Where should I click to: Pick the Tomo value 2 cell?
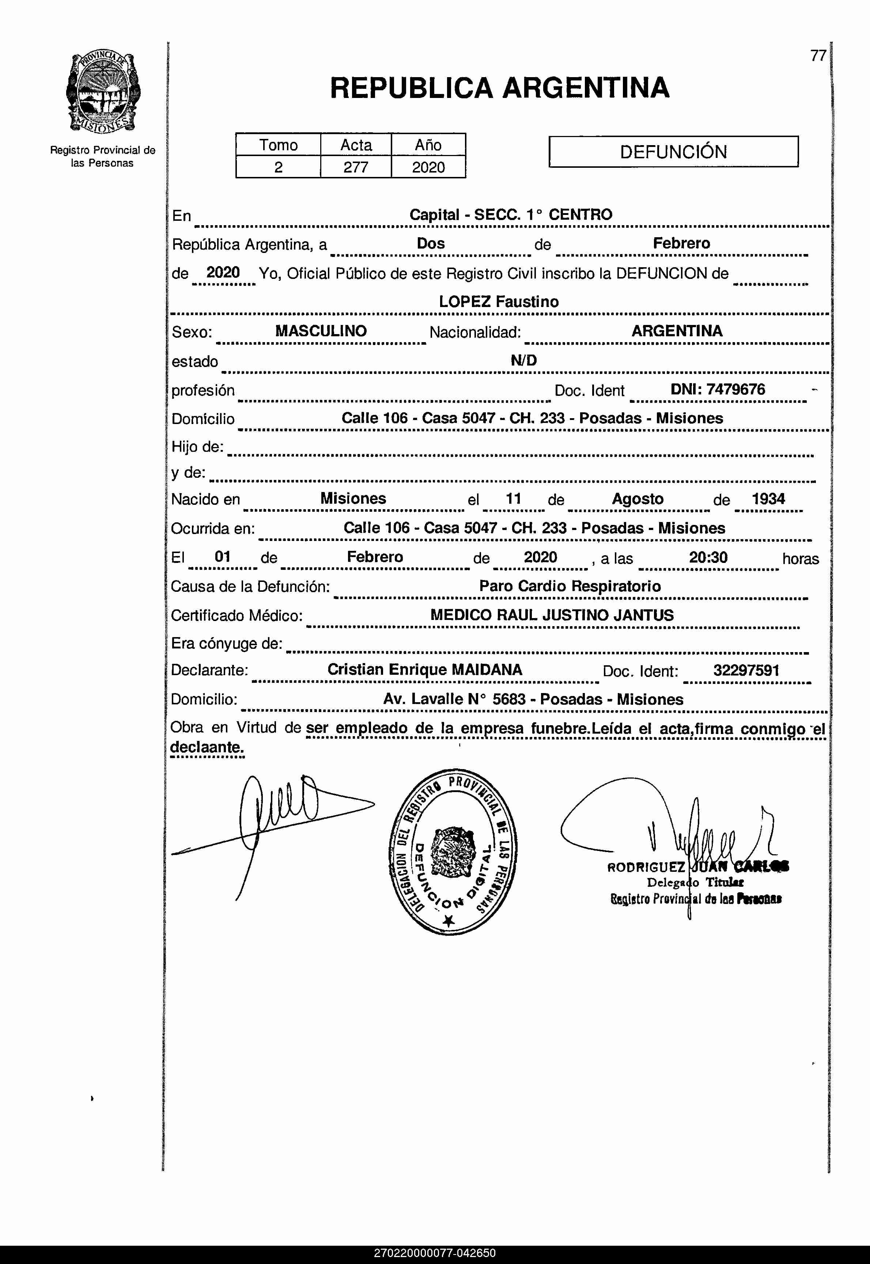[x=278, y=167]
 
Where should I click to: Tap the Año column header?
[x=428, y=145]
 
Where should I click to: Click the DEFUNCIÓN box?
[x=673, y=152]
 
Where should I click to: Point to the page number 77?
[x=818, y=56]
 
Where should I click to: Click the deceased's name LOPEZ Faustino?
[x=499, y=302]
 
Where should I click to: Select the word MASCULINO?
[x=321, y=331]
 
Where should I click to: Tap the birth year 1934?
[x=768, y=499]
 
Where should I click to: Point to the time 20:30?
[x=708, y=557]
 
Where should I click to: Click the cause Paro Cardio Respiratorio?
[x=570, y=586]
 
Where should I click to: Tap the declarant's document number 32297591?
[x=746, y=670]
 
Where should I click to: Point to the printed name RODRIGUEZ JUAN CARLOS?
[x=698, y=867]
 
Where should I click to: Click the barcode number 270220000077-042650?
[x=435, y=1253]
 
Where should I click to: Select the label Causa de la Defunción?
[x=250, y=586]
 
